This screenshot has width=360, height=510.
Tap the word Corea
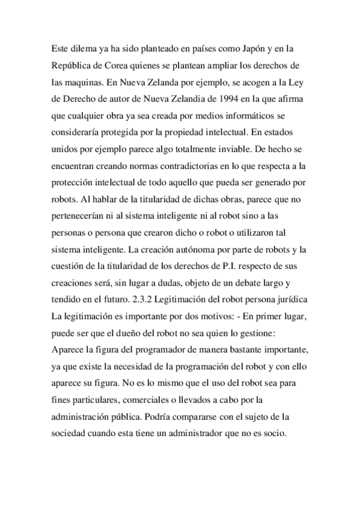tap(112, 64)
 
